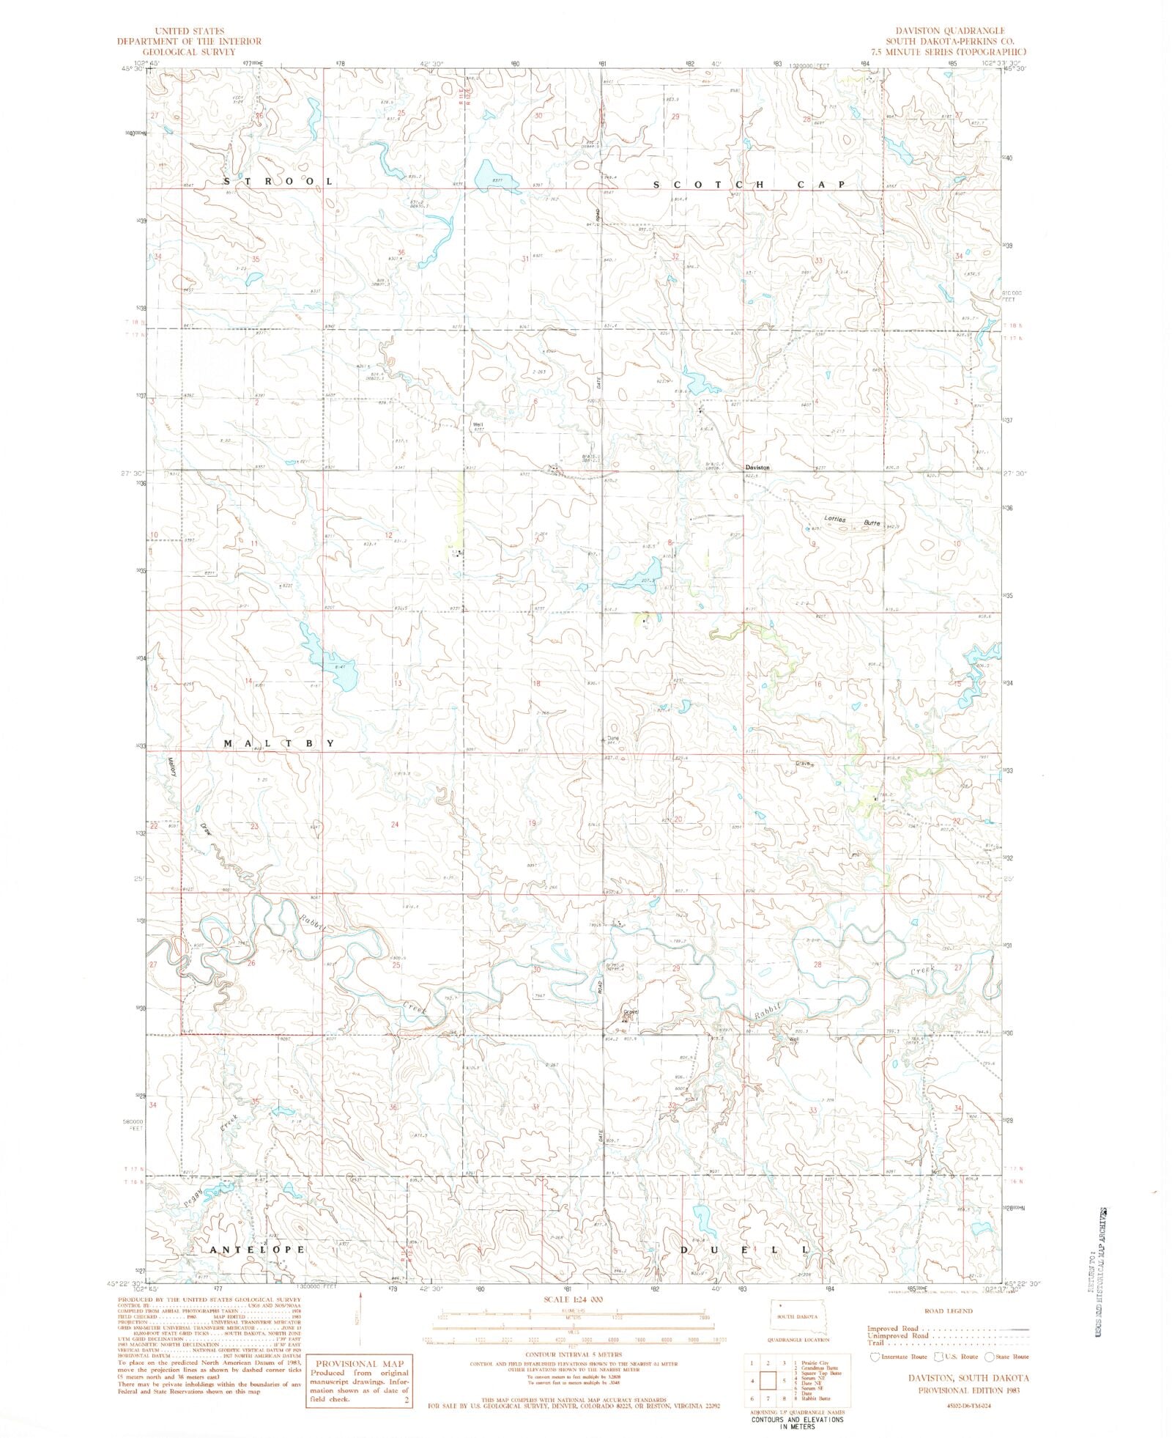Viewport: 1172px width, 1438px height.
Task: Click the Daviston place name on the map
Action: tap(757, 468)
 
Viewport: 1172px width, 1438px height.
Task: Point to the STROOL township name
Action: tap(278, 181)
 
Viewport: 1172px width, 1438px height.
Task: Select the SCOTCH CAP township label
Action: tap(749, 185)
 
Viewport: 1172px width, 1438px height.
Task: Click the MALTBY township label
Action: tap(278, 743)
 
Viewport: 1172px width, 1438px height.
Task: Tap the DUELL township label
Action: tap(745, 1249)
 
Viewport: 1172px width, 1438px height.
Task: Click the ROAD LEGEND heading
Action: tap(948, 1311)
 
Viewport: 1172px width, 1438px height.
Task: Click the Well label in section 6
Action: tap(478, 423)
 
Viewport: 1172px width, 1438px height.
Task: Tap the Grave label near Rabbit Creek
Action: tap(630, 1012)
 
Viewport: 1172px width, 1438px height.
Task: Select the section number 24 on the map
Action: tap(395, 825)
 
